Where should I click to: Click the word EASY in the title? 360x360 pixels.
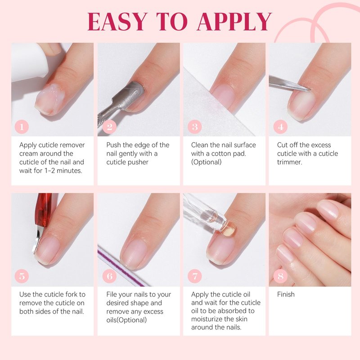coord(117,21)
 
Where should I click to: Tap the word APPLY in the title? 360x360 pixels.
coord(234,21)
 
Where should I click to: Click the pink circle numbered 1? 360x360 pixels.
coord(22,127)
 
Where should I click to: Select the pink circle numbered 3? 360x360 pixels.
coord(195,127)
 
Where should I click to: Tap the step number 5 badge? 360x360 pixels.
coord(22,276)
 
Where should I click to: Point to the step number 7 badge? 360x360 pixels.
coord(195,276)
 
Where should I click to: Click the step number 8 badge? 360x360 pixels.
coord(280,276)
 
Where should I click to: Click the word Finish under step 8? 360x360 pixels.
coord(286,294)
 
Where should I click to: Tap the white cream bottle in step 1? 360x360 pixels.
coord(30,62)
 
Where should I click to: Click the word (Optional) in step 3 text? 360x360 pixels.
coord(207,162)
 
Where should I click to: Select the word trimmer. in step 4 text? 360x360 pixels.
coord(289,162)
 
